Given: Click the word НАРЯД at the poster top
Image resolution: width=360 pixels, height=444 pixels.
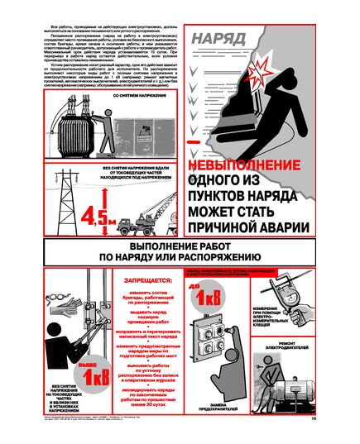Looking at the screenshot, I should [x=217, y=38].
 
